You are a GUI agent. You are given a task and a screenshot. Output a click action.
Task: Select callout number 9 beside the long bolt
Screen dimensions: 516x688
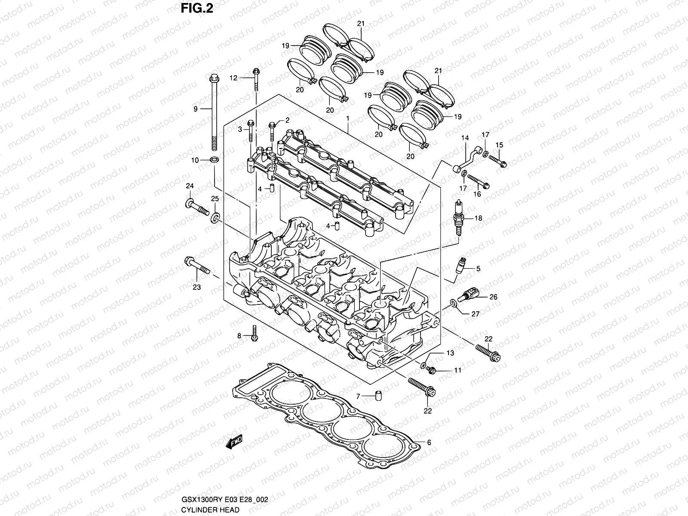pos(195,109)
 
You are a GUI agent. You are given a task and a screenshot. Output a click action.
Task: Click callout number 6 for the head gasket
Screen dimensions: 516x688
pos(429,442)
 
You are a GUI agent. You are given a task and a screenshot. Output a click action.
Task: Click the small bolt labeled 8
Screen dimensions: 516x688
pos(254,335)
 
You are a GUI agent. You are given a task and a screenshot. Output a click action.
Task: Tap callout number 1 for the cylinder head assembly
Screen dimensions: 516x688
pos(347,117)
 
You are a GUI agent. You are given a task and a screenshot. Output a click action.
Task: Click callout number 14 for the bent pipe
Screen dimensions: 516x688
pos(465,138)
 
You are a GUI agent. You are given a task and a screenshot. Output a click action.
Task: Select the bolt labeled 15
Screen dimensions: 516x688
pos(498,161)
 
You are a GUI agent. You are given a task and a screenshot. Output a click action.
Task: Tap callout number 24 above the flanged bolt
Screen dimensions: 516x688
pos(190,186)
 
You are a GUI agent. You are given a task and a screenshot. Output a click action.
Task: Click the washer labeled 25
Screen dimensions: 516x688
pos(215,218)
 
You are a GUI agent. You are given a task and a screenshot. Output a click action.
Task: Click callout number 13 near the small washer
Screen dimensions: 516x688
pos(450,353)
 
